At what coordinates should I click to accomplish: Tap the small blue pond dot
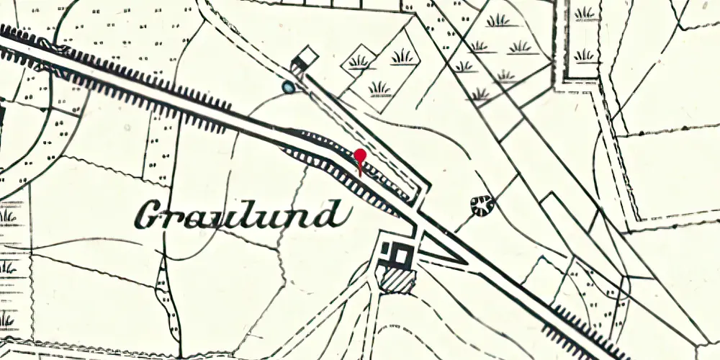288,88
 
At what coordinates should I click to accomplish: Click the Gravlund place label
238,215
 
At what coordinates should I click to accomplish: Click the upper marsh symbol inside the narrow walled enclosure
585,13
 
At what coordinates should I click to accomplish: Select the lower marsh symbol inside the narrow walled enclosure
585,55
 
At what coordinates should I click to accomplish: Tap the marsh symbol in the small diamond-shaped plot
359,62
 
